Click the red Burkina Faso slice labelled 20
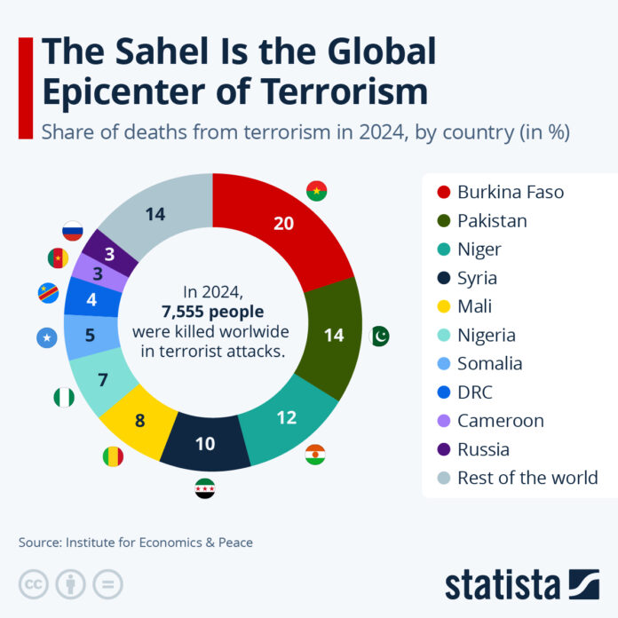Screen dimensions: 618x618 [284, 225]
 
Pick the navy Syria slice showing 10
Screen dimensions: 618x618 [206, 440]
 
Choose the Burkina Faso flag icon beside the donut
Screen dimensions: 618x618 [316, 191]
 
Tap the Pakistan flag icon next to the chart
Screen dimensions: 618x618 [379, 337]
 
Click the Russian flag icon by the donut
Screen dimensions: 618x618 [73, 233]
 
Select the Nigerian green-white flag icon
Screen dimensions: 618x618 [63, 396]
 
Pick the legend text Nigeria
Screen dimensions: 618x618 [487, 335]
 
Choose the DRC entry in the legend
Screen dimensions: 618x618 [475, 392]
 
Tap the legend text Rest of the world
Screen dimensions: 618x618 [527, 478]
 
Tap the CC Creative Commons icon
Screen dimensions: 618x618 [32, 583]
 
